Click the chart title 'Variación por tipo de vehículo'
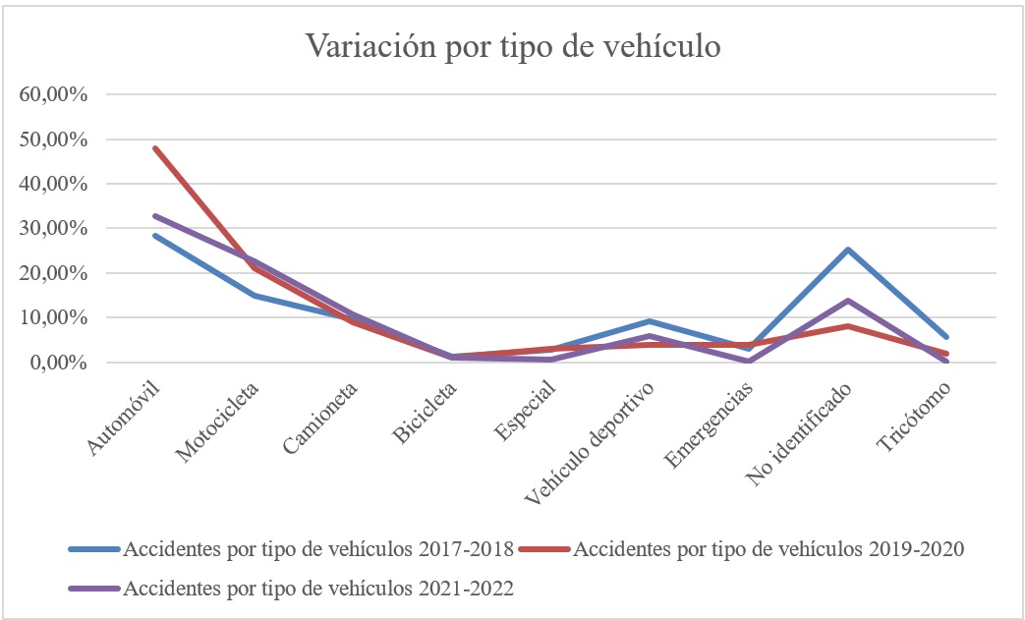(512, 47)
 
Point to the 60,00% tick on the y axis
(54, 95)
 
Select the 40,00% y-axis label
(54, 184)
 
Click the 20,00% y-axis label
(54, 273)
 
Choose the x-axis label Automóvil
(125, 418)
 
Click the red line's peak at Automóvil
(155, 148)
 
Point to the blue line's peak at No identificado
(847, 250)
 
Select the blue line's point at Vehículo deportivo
(650, 321)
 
